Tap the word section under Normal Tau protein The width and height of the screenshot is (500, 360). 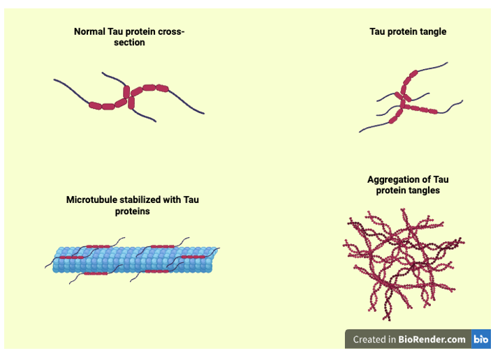click(129, 43)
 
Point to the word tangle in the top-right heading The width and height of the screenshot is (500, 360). click(432, 32)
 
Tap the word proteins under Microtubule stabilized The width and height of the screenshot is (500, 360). click(133, 211)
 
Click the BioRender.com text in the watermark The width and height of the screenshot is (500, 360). click(432, 340)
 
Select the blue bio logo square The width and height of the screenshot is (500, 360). click(482, 340)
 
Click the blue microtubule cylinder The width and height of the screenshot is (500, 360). click(133, 260)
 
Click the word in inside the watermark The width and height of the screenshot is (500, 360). click(392, 340)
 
